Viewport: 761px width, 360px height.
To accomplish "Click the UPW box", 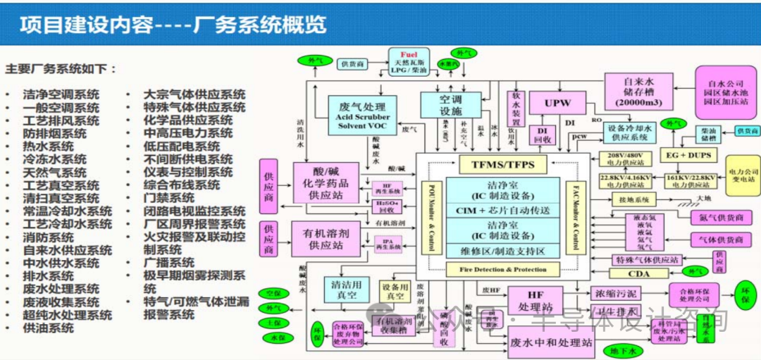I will coord(557,104).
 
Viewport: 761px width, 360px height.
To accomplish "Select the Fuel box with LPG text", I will coord(409,63).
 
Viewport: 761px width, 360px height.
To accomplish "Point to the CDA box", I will coord(638,273).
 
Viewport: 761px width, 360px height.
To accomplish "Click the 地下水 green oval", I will coord(623,349).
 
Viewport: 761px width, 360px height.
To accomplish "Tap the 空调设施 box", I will coord(450,105).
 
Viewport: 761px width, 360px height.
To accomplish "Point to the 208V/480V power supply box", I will coord(625,158).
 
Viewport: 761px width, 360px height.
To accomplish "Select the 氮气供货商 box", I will coord(720,217).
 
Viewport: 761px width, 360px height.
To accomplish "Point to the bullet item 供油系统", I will coord(48,328).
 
